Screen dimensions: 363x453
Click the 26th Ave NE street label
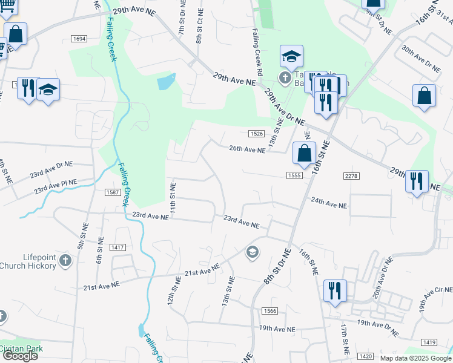pos(246,149)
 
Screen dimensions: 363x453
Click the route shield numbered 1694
pos(79,39)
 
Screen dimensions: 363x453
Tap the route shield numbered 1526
pos(256,134)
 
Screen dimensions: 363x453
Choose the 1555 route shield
pos(295,175)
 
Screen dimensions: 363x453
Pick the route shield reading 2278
pos(351,175)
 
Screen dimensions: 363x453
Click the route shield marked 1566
pos(270,310)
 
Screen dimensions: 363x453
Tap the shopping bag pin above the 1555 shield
pos(304,153)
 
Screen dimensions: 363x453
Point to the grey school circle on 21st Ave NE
pos(253,252)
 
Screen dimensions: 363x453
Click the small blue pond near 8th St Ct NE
pos(166,82)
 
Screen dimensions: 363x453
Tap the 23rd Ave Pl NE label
pos(56,186)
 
